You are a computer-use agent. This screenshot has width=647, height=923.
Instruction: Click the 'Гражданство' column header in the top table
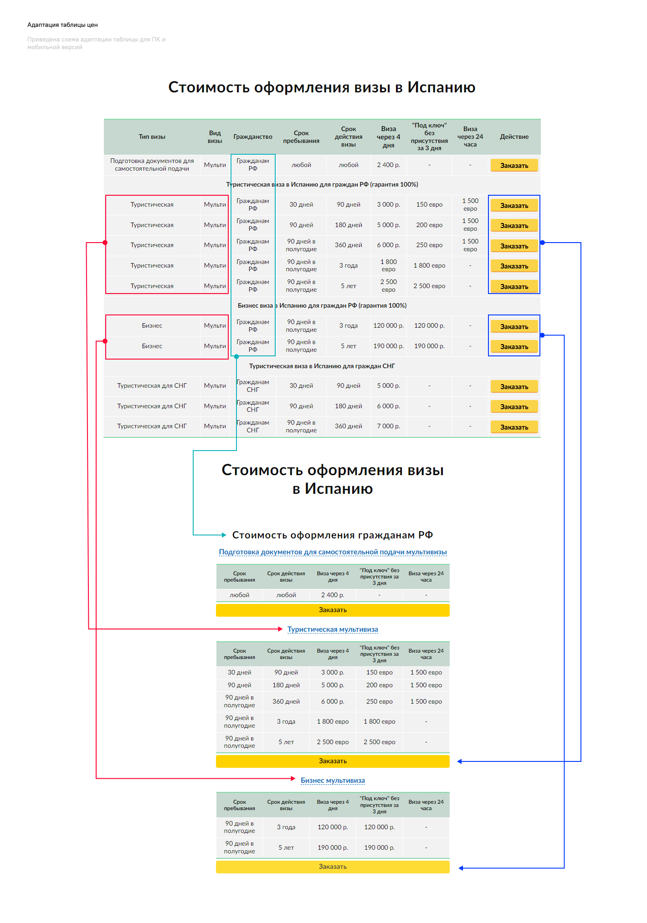[253, 137]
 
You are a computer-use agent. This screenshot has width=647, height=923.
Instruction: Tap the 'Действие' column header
[514, 137]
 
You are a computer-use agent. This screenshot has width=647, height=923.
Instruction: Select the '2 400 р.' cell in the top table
[388, 165]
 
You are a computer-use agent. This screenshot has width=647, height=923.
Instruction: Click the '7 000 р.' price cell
[388, 426]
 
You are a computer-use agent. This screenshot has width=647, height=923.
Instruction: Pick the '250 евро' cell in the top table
[429, 245]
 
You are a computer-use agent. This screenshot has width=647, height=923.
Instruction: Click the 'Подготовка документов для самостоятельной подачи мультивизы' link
[333, 552]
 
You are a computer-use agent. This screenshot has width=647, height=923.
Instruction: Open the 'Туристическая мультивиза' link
[333, 629]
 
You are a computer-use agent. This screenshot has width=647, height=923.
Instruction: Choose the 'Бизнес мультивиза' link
[333, 781]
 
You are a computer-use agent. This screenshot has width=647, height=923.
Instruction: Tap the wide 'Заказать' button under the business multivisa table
[333, 867]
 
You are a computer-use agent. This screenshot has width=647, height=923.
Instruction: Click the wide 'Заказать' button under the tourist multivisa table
[333, 761]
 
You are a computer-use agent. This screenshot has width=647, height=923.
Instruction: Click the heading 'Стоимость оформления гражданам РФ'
[333, 535]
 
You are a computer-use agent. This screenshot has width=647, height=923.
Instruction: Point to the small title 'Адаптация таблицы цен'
[62, 25]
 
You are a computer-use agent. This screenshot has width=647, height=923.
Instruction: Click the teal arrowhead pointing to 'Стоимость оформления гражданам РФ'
[224, 535]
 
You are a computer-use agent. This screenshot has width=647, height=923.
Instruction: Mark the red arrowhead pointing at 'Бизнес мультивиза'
[293, 778]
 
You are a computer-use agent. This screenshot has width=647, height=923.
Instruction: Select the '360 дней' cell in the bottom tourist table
[286, 701]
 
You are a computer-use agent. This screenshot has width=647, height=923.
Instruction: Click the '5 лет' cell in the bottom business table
[286, 847]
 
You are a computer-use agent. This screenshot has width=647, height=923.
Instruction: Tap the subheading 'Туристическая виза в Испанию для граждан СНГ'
[322, 366]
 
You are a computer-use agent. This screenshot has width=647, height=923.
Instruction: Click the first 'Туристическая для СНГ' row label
[152, 385]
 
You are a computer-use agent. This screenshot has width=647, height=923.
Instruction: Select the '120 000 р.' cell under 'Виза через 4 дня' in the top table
[388, 325]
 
